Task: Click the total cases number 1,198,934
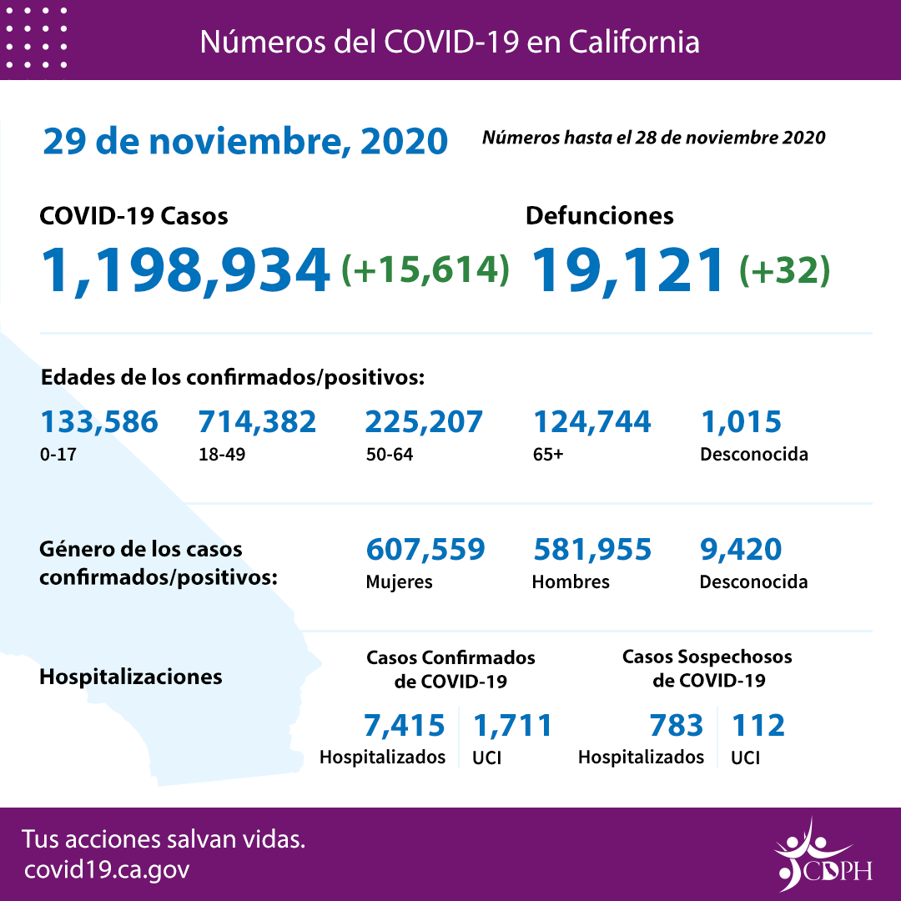pyautogui.click(x=185, y=270)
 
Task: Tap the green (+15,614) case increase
pyautogui.click(x=425, y=269)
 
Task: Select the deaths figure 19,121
pyautogui.click(x=627, y=270)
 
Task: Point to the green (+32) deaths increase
pyautogui.click(x=784, y=269)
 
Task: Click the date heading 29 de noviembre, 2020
pyautogui.click(x=245, y=142)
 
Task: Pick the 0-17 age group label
pyautogui.click(x=56, y=456)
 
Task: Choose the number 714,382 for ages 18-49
pyautogui.click(x=257, y=422)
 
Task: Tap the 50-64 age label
pyautogui.click(x=389, y=456)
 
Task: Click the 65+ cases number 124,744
pyautogui.click(x=591, y=422)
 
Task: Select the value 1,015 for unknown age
pyautogui.click(x=740, y=422)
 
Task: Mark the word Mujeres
pyautogui.click(x=399, y=581)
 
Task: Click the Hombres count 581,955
pyautogui.click(x=591, y=549)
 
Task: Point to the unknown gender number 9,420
pyautogui.click(x=740, y=549)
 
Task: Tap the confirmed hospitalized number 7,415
pyautogui.click(x=405, y=725)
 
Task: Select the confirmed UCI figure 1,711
pyautogui.click(x=512, y=725)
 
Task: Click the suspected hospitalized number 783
pyautogui.click(x=676, y=725)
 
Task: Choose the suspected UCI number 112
pyautogui.click(x=758, y=725)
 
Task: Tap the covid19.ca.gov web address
pyautogui.click(x=107, y=869)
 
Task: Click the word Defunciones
pyautogui.click(x=599, y=215)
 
